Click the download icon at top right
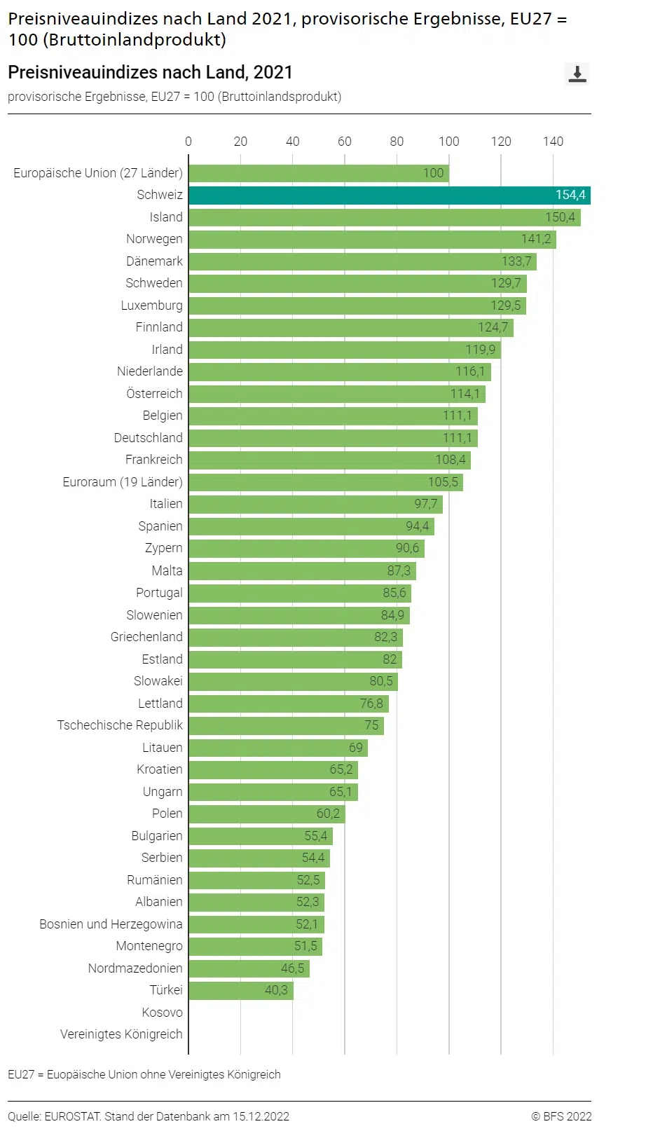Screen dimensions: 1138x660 tap(577, 74)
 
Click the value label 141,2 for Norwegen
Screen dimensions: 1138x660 tap(536, 239)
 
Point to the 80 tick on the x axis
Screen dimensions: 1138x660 tap(397, 142)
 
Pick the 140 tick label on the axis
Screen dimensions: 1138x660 tap(553, 142)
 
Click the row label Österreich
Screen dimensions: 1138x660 tap(154, 394)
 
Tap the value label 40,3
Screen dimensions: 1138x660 tap(276, 990)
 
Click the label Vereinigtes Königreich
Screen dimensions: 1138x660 tap(121, 1034)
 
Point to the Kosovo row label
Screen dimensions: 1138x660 tap(162, 1013)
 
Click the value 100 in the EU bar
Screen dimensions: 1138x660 tap(433, 173)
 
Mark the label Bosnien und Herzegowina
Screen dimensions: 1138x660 tap(111, 924)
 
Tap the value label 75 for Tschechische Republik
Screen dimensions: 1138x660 tap(371, 725)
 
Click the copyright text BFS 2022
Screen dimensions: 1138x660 tap(561, 1116)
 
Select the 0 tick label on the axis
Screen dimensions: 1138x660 tap(188, 142)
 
